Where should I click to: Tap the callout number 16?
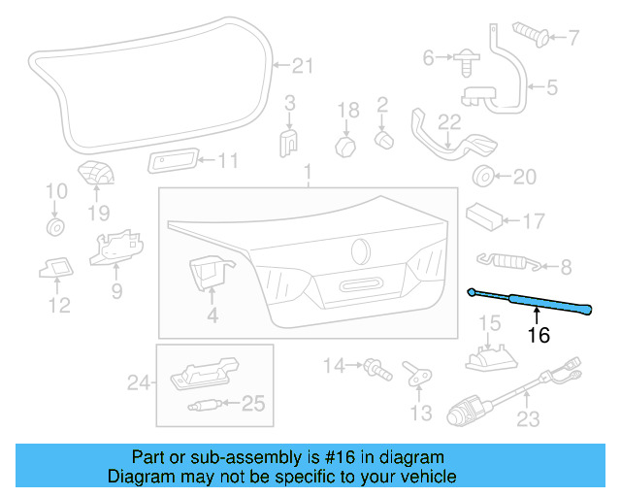[539, 336]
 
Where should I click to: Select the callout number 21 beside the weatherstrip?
[305, 66]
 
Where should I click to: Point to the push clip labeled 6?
[464, 59]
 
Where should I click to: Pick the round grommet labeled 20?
[481, 177]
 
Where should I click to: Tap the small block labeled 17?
[484, 214]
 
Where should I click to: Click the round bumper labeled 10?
[55, 228]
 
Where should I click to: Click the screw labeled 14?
[372, 367]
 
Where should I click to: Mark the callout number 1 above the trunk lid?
[308, 173]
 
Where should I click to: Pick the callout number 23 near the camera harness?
[527, 420]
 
